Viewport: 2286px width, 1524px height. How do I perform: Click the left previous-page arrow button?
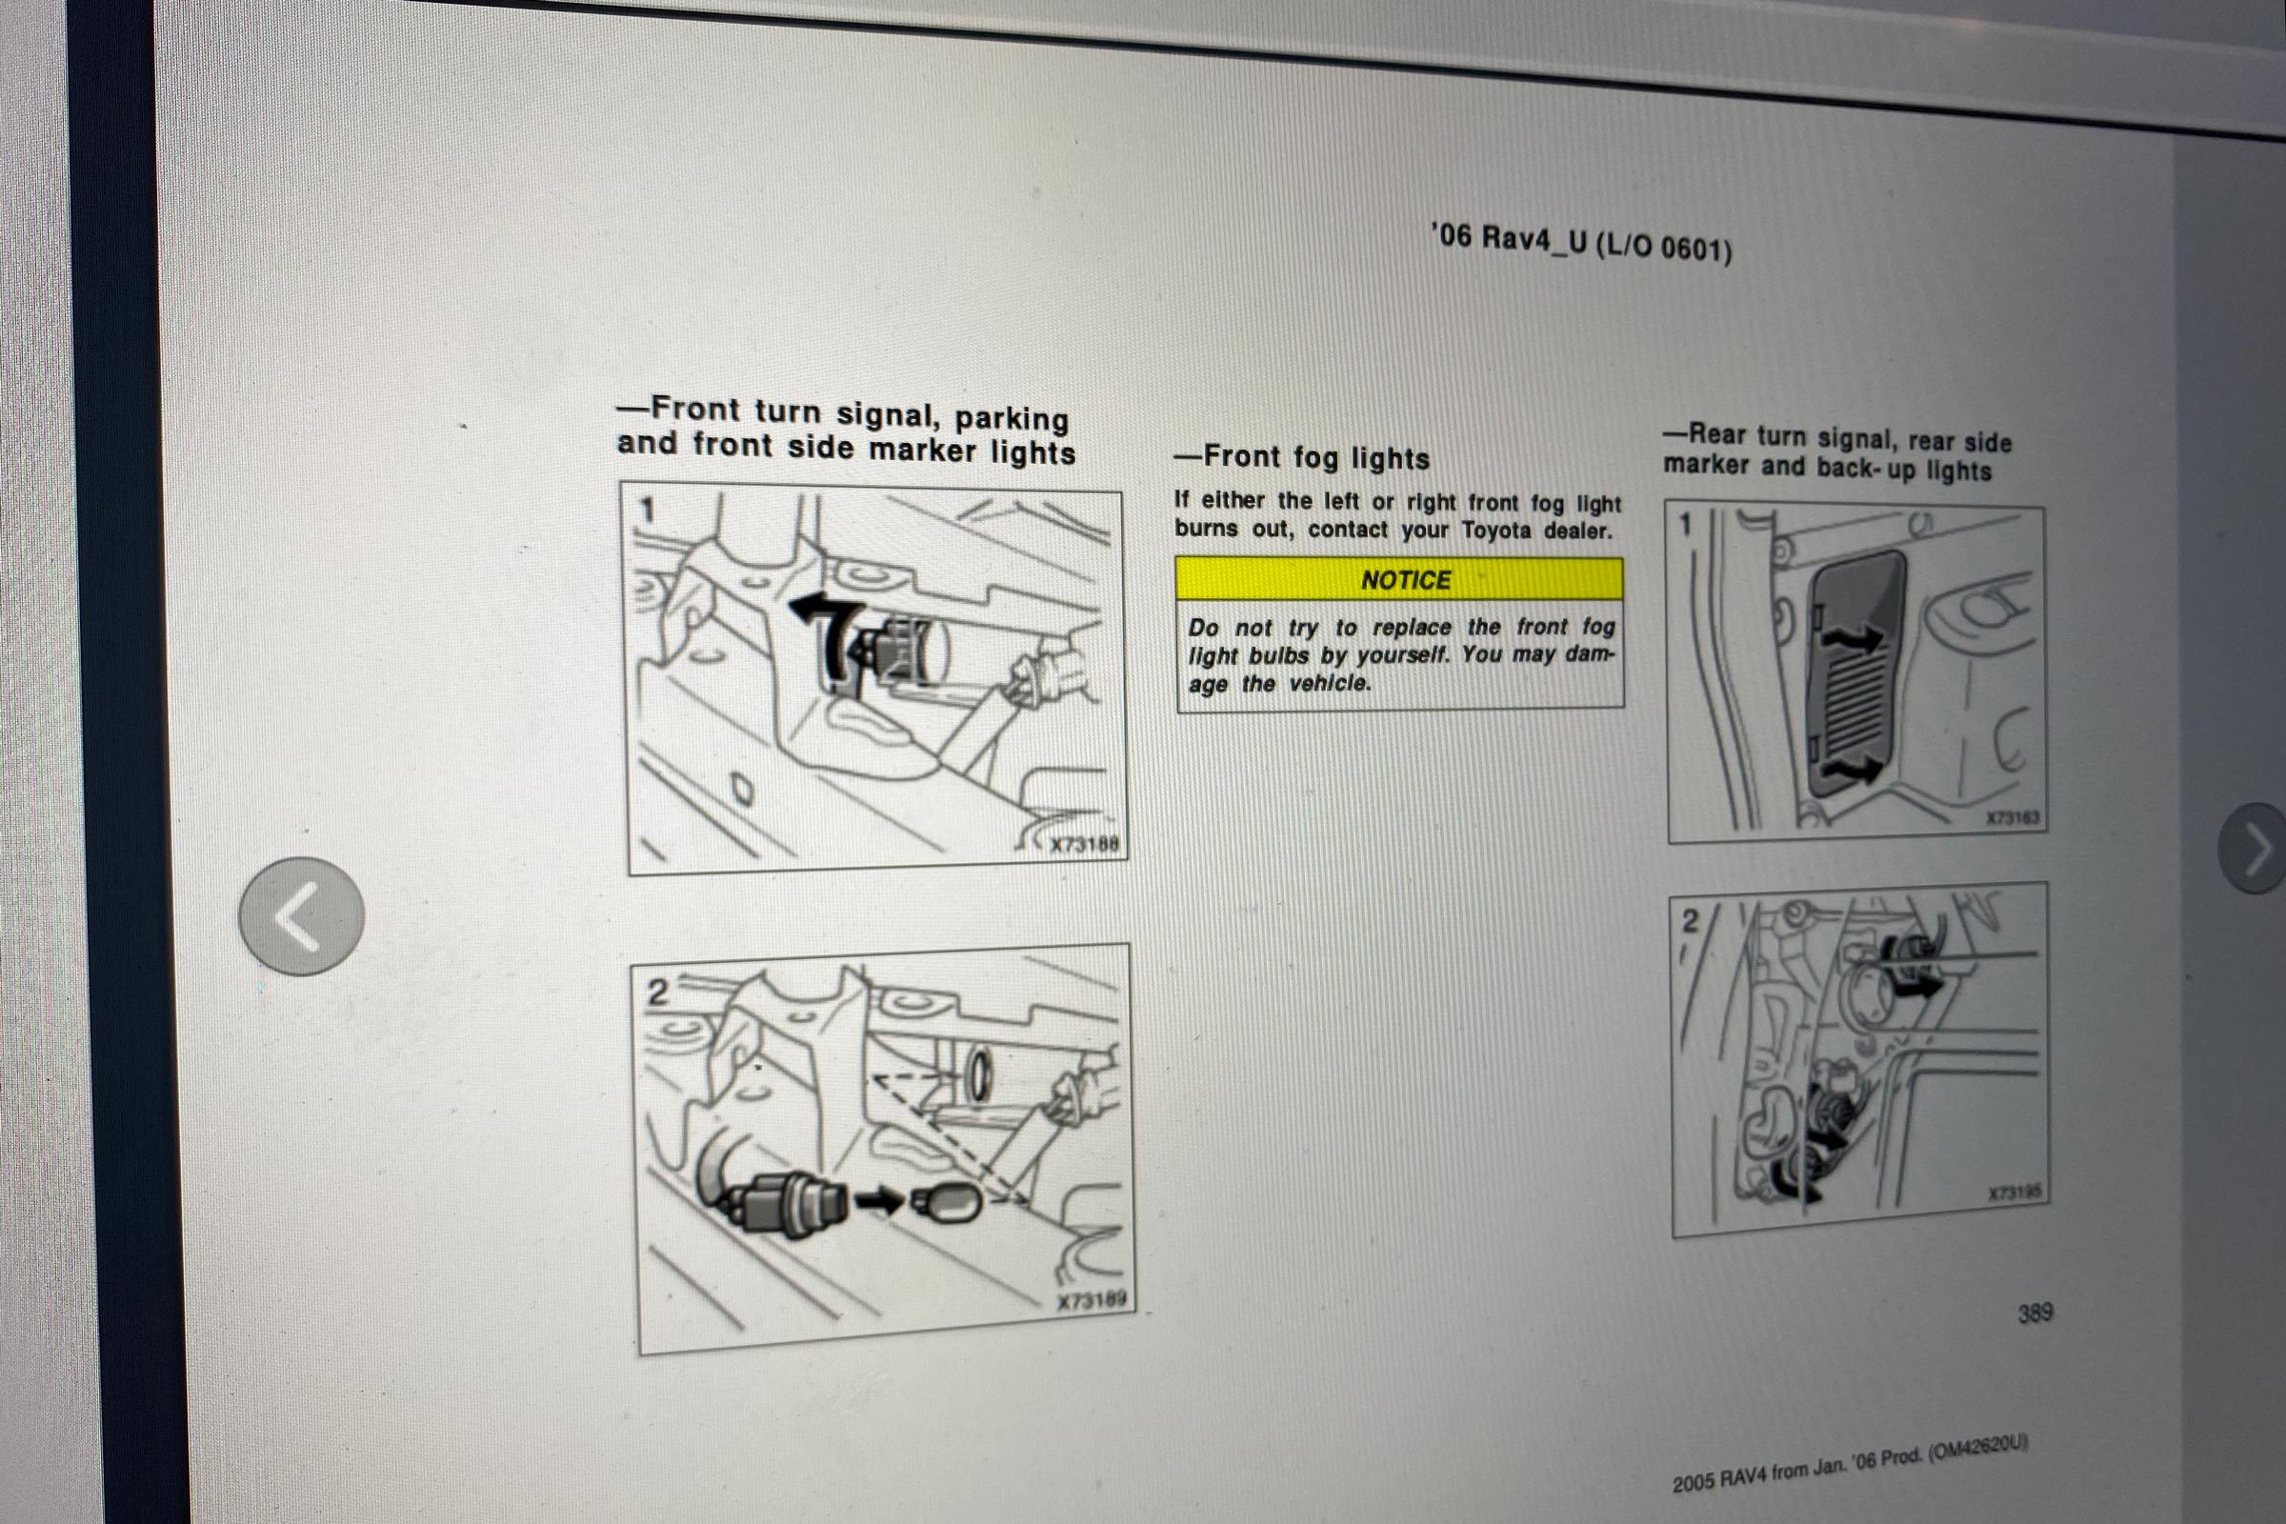coord(301,915)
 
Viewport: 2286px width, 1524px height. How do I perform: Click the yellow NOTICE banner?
coord(1398,579)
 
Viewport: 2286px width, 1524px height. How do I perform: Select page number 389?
coord(2035,1313)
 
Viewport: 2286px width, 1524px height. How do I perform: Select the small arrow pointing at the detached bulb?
coord(877,1200)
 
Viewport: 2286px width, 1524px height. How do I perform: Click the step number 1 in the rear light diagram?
coord(1686,525)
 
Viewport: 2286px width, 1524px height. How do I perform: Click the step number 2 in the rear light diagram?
coord(1690,920)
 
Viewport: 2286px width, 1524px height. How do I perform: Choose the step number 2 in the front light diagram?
coord(658,993)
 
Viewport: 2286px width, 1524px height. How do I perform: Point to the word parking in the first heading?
coord(1011,419)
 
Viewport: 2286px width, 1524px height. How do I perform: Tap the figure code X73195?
coord(2014,1193)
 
